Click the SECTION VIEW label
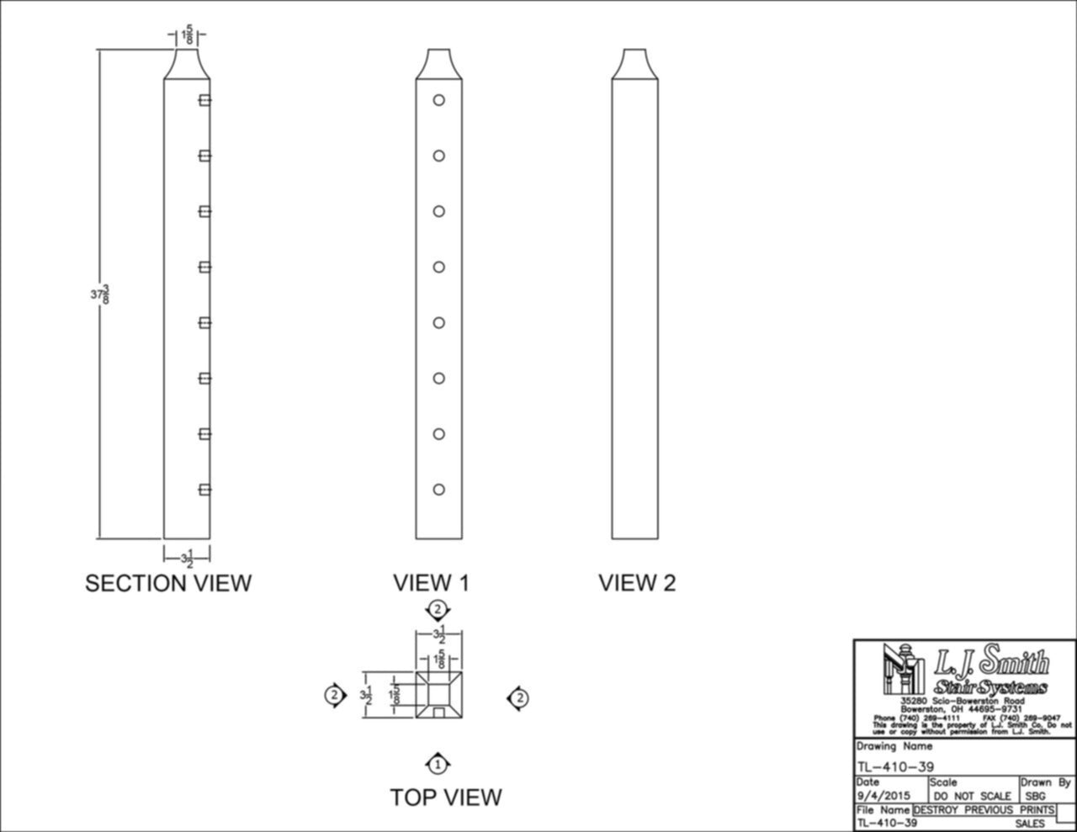(168, 583)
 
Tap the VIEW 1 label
(431, 583)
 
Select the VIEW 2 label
(637, 583)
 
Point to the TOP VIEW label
(446, 797)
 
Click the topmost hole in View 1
(438, 100)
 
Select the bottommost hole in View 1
(438, 490)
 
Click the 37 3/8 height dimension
(100, 294)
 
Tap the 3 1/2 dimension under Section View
(187, 558)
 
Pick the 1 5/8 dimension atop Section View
(187, 36)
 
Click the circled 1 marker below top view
(438, 765)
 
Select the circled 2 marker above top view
(437, 609)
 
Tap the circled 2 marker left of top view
(335, 695)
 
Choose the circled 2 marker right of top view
(520, 697)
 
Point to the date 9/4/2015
(883, 796)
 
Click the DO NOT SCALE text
(973, 796)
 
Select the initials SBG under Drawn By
(1036, 796)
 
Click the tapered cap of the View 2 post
(635, 64)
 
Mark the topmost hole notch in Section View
(204, 100)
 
